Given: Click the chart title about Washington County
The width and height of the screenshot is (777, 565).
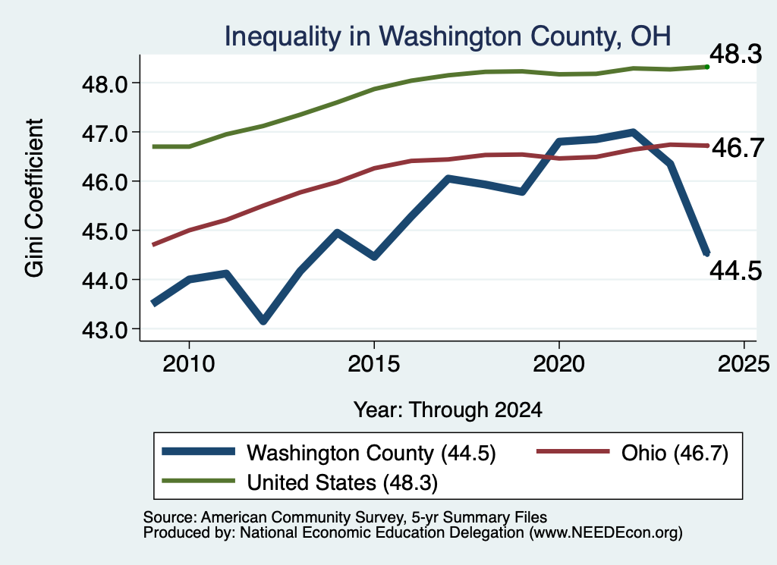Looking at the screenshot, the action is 448,36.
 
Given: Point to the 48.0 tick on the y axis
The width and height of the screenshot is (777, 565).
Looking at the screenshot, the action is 105,84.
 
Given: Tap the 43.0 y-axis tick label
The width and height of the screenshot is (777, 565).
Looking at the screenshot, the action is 105,330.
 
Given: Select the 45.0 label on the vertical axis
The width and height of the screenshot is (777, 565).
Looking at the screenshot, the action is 105,232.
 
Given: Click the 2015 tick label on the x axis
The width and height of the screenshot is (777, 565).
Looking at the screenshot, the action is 373,364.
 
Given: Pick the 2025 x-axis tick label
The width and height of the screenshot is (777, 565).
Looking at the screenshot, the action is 744,364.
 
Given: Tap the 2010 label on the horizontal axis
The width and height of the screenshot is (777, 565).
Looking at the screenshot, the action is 189,364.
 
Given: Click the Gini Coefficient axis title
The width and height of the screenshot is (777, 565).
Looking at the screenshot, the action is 34,198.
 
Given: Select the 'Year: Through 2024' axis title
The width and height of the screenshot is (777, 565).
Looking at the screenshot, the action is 448,410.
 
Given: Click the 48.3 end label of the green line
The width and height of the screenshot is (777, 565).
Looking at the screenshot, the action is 736,54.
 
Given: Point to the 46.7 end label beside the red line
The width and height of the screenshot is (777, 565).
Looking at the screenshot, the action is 738,148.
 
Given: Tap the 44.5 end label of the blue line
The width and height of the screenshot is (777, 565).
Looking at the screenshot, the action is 736,271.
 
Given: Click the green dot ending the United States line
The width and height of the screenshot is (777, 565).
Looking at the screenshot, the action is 707,67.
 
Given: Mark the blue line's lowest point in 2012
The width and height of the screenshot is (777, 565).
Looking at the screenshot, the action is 263,321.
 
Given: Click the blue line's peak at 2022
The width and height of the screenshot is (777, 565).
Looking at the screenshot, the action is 633,132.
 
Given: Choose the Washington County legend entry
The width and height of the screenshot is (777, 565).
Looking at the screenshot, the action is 329,453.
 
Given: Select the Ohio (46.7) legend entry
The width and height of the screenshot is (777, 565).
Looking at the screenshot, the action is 633,453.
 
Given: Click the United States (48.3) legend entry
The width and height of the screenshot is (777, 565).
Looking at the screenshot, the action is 300,482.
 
